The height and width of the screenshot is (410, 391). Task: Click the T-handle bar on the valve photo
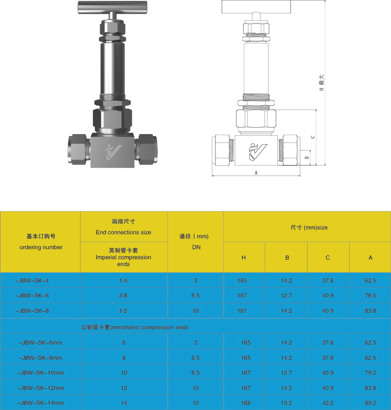112,7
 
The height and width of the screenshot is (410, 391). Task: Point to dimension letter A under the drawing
256,173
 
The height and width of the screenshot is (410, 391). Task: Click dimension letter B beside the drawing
307,158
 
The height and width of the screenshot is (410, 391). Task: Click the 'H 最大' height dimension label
322,83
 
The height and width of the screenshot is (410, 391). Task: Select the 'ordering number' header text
41,247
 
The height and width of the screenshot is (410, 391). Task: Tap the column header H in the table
244,258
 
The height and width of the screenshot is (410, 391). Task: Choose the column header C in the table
328,258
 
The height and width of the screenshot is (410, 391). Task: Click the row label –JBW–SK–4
32,281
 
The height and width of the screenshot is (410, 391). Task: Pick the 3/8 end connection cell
123,296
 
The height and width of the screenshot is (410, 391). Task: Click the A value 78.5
370,296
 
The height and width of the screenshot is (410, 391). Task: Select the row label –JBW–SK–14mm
40,403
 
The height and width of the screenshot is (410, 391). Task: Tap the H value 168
246,403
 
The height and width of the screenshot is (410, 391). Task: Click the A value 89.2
370,403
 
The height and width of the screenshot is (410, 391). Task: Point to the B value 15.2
286,403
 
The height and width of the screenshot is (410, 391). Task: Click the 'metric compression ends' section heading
135,327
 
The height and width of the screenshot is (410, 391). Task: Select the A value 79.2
370,373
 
